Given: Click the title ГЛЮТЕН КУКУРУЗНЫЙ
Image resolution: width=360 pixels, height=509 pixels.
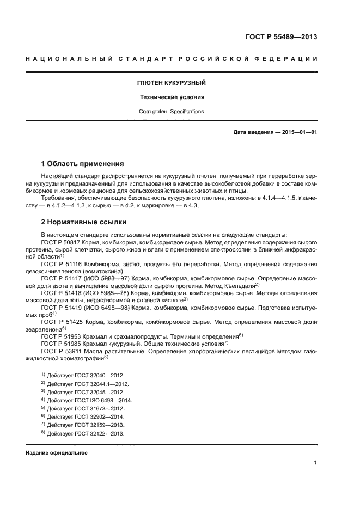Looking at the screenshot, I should [170, 83].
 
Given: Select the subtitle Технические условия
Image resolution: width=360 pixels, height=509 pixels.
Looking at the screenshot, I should [170, 97].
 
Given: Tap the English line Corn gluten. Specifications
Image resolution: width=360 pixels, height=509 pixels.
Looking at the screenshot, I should [170, 112].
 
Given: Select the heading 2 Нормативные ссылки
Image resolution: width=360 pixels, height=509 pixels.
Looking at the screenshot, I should [84, 222].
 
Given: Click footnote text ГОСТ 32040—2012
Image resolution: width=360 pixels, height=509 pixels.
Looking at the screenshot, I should [90, 376].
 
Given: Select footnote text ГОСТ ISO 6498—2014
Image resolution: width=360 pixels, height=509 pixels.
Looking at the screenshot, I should [94, 400].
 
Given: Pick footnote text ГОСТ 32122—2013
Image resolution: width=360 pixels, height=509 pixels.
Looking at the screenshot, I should [90, 434].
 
